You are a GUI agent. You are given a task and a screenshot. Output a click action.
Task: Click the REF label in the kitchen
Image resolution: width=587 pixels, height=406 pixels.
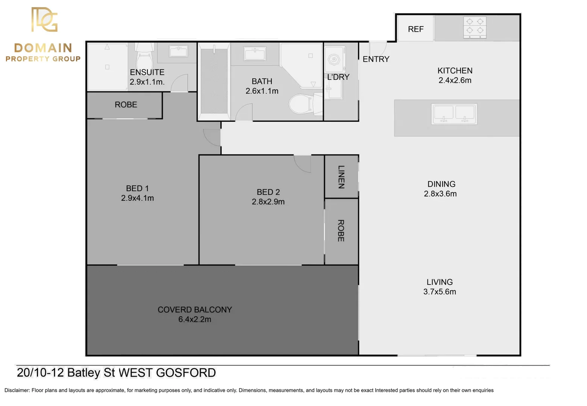[x=416, y=29]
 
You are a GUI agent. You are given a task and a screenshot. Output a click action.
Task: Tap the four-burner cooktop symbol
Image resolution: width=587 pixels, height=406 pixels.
[x=475, y=27]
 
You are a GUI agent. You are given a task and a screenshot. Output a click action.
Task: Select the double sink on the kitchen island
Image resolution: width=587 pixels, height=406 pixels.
[x=454, y=114]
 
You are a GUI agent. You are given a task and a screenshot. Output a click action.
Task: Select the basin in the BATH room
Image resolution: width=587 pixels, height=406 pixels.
[x=255, y=54]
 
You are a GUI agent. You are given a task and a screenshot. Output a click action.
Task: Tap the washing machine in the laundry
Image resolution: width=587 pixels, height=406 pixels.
[x=334, y=59]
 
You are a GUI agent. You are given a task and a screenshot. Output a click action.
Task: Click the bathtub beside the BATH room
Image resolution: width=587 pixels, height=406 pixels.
[x=214, y=80]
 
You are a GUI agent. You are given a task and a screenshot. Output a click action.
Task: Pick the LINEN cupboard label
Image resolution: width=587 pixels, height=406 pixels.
[x=341, y=177]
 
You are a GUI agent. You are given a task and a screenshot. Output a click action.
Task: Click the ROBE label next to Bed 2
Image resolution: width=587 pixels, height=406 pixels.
[x=341, y=231]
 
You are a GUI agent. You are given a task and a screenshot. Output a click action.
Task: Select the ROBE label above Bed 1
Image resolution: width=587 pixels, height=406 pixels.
[x=126, y=105]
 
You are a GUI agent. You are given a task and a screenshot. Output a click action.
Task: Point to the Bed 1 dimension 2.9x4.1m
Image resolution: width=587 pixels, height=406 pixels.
[x=137, y=198]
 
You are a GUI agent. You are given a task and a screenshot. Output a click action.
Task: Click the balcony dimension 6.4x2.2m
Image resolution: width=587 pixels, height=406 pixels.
[x=194, y=320]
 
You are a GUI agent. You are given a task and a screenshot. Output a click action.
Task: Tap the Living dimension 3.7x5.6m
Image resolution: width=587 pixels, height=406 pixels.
[x=439, y=292]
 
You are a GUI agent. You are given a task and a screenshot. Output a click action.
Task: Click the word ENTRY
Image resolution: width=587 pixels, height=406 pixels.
[x=376, y=59]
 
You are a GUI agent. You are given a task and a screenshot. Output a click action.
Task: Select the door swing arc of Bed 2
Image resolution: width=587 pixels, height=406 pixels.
[x=303, y=164]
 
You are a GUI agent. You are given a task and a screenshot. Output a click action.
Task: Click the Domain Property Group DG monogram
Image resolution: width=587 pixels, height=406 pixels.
[x=44, y=20]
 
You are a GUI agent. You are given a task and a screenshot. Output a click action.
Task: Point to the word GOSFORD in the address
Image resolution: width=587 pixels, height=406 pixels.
[x=186, y=373]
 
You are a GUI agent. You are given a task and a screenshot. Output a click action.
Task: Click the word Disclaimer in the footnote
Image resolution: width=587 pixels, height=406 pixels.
[x=17, y=390]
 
